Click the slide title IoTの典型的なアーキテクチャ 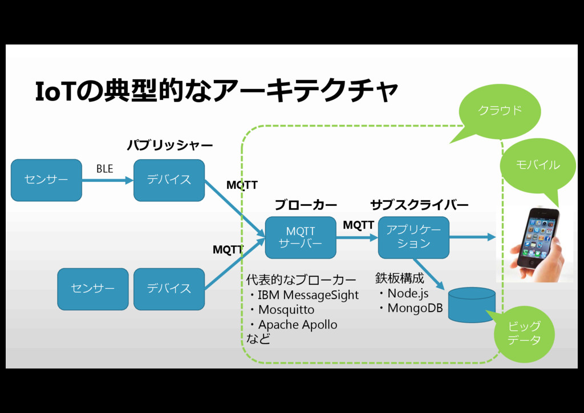pos(216,92)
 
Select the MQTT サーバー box pos(301,237)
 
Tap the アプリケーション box pos(413,237)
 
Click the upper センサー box pos(46,180)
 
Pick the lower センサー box pos(93,289)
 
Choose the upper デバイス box pos(169,180)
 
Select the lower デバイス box pos(169,289)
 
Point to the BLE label pos(104,169)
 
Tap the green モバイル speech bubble pos(537,165)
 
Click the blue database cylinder pos(471,305)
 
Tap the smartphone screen pos(537,237)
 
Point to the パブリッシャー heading pos(169,145)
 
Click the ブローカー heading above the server pos(306,204)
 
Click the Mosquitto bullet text pos(286,310)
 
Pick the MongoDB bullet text pos(415,308)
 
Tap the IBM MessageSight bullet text pos(308,295)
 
